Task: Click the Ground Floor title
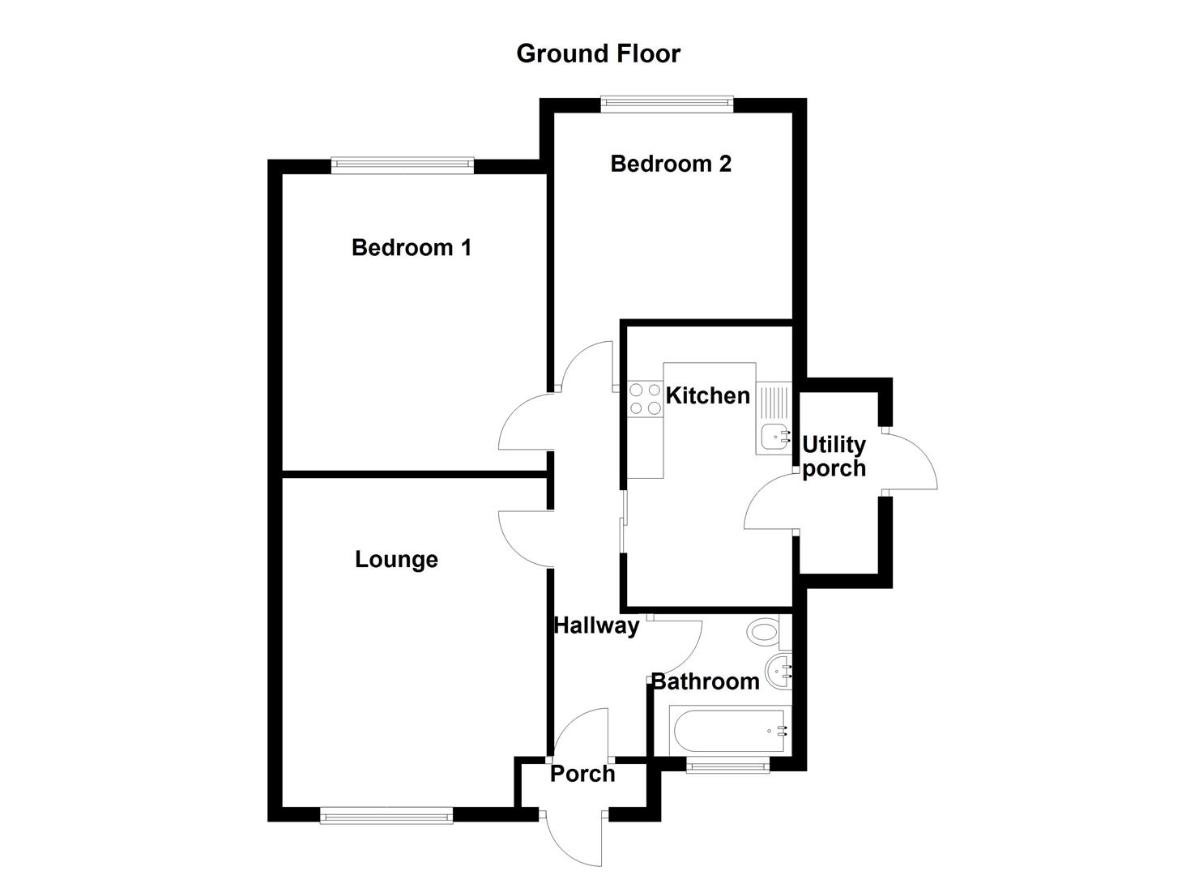click(598, 53)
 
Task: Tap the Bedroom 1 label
click(411, 247)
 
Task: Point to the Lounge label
click(396, 559)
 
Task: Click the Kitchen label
click(707, 395)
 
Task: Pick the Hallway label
click(596, 625)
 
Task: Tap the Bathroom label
click(705, 681)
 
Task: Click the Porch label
click(582, 774)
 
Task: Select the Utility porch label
click(834, 456)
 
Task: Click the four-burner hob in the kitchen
click(645, 399)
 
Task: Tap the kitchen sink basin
click(774, 437)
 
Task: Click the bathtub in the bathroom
click(727, 731)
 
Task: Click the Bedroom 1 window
click(402, 164)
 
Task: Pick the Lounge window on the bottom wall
click(386, 815)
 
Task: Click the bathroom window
click(727, 764)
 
